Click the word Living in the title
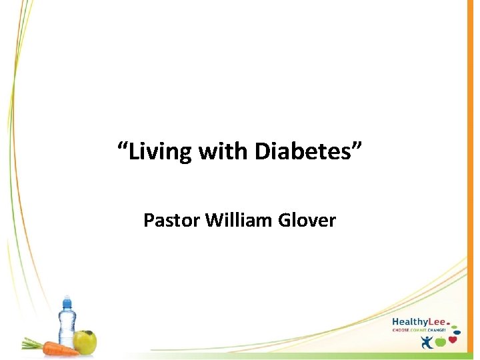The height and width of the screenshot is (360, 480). [158, 151]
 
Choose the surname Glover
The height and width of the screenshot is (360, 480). [307, 220]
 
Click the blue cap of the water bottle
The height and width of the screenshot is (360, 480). [66, 302]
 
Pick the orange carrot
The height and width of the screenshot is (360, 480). [60, 348]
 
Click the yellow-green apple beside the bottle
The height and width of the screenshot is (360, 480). [85, 342]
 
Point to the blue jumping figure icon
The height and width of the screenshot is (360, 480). [427, 341]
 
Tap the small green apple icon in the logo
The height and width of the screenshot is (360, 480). [441, 342]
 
